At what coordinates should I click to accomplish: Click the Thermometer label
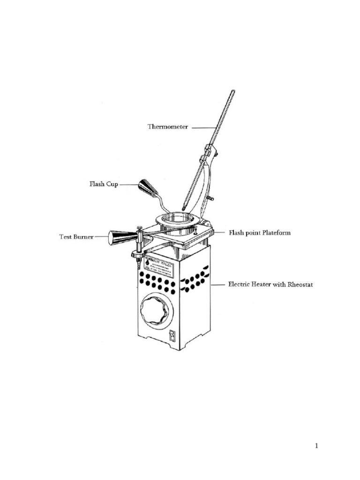pyautogui.click(x=168, y=127)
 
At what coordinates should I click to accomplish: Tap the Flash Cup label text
pyautogui.click(x=104, y=184)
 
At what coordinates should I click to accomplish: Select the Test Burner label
pyautogui.click(x=76, y=237)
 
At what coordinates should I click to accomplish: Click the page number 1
pyautogui.click(x=317, y=446)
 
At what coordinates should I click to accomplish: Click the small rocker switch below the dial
pyautogui.click(x=172, y=336)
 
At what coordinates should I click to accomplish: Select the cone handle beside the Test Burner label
pyautogui.click(x=120, y=237)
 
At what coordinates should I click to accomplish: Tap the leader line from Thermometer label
pyautogui.click(x=203, y=127)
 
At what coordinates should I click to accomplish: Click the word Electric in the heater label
pyautogui.click(x=239, y=284)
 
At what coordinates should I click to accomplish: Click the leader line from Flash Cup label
pyautogui.click(x=128, y=185)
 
